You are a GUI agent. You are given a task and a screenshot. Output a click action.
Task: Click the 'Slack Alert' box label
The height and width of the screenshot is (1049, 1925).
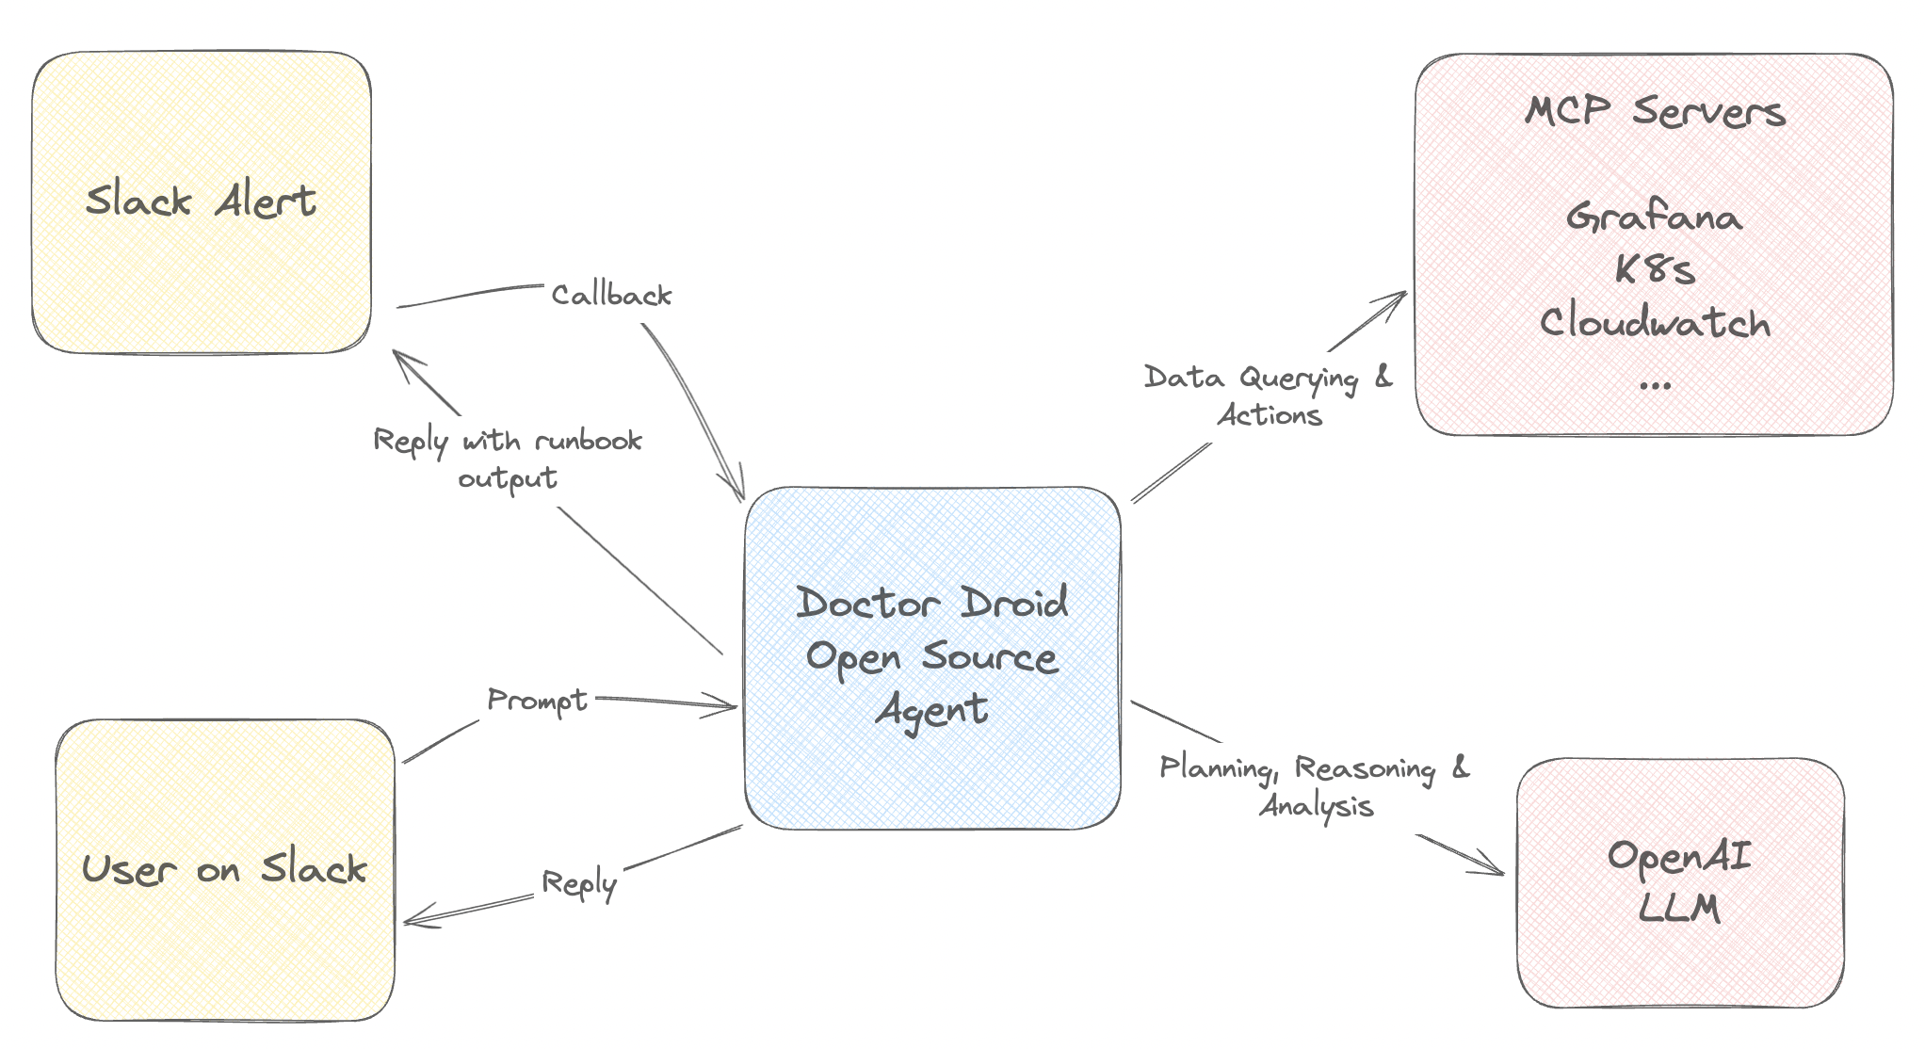tap(201, 201)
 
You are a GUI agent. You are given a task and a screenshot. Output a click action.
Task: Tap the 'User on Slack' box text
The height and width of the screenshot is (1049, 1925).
tap(224, 868)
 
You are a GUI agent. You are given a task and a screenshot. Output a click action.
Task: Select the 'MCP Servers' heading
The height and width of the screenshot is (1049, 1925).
tap(1655, 111)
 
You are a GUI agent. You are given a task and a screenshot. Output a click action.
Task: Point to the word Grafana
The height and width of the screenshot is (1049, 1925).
tap(1655, 218)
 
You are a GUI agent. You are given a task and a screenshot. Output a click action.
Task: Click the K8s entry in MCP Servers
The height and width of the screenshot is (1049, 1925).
tap(1655, 270)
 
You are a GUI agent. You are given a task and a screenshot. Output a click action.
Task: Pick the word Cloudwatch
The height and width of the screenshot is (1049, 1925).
tap(1655, 323)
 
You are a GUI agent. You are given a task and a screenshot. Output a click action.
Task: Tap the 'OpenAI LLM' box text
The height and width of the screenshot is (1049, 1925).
tap(1679, 882)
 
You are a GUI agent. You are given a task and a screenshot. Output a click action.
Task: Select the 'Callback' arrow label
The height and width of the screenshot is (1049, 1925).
tap(611, 296)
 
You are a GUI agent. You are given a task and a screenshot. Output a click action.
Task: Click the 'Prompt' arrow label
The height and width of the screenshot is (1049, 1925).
tap(538, 701)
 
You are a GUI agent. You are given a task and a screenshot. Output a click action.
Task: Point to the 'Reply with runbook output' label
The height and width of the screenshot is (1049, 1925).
tap(508, 459)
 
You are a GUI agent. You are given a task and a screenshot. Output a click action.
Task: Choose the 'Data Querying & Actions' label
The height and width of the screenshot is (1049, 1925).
tap(1269, 395)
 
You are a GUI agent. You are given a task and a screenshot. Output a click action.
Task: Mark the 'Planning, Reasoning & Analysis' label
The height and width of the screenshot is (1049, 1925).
tap(1315, 786)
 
